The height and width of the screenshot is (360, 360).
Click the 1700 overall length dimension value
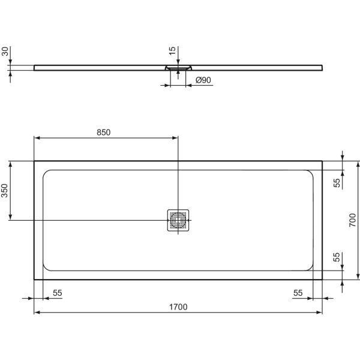click(178, 307)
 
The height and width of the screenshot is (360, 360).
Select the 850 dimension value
click(103, 132)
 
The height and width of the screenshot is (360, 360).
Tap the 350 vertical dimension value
click(5, 191)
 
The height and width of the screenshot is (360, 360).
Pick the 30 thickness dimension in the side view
click(5, 52)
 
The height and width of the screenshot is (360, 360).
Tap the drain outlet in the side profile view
click(178, 69)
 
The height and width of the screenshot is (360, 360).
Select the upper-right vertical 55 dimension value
click(337, 181)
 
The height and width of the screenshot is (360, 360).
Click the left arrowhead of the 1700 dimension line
click(36, 313)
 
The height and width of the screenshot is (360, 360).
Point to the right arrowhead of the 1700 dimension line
click(320, 313)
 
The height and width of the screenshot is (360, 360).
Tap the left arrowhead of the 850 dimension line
click(36, 138)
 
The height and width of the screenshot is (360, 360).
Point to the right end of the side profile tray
click(322, 67)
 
